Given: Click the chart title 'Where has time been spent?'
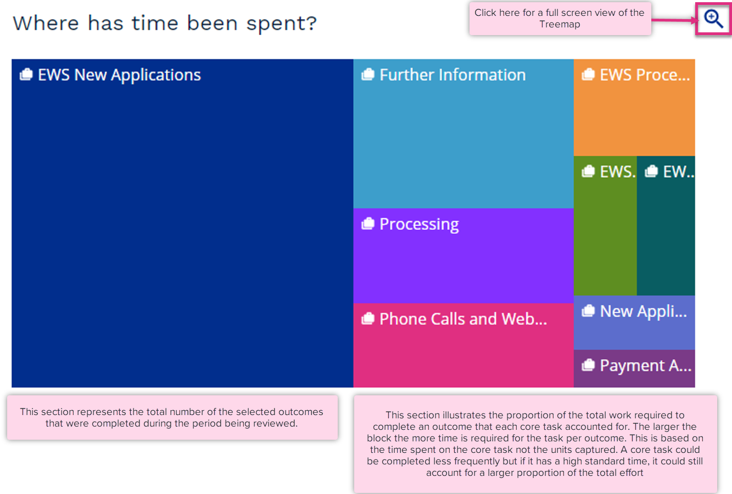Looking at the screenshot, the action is tap(165, 24).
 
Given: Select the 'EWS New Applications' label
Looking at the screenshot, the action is tap(119, 75).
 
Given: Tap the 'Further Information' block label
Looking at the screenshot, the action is tap(452, 75).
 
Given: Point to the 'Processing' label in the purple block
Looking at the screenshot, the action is tap(419, 224).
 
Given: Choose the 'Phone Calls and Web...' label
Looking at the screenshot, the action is tap(463, 319).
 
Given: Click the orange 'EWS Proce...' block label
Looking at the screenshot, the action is tap(645, 75).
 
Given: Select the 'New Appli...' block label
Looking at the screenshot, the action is tap(644, 311).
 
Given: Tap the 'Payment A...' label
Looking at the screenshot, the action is tap(646, 366).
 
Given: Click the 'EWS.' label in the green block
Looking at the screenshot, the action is tap(618, 172).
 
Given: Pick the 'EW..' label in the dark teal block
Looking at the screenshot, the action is tap(678, 172).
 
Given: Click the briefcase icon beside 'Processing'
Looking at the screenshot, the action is tap(367, 224).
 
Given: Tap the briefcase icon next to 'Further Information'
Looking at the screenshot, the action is tap(367, 74).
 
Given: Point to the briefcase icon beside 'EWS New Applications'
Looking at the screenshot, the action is tap(26, 74).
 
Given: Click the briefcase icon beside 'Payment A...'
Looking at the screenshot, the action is tap(588, 365).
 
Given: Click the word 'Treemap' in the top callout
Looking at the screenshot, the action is tap(560, 25).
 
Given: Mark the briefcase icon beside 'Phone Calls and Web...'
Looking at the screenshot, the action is tap(367, 318).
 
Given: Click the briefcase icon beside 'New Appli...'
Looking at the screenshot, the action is tap(588, 311).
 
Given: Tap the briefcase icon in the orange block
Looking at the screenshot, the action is tap(588, 74).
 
